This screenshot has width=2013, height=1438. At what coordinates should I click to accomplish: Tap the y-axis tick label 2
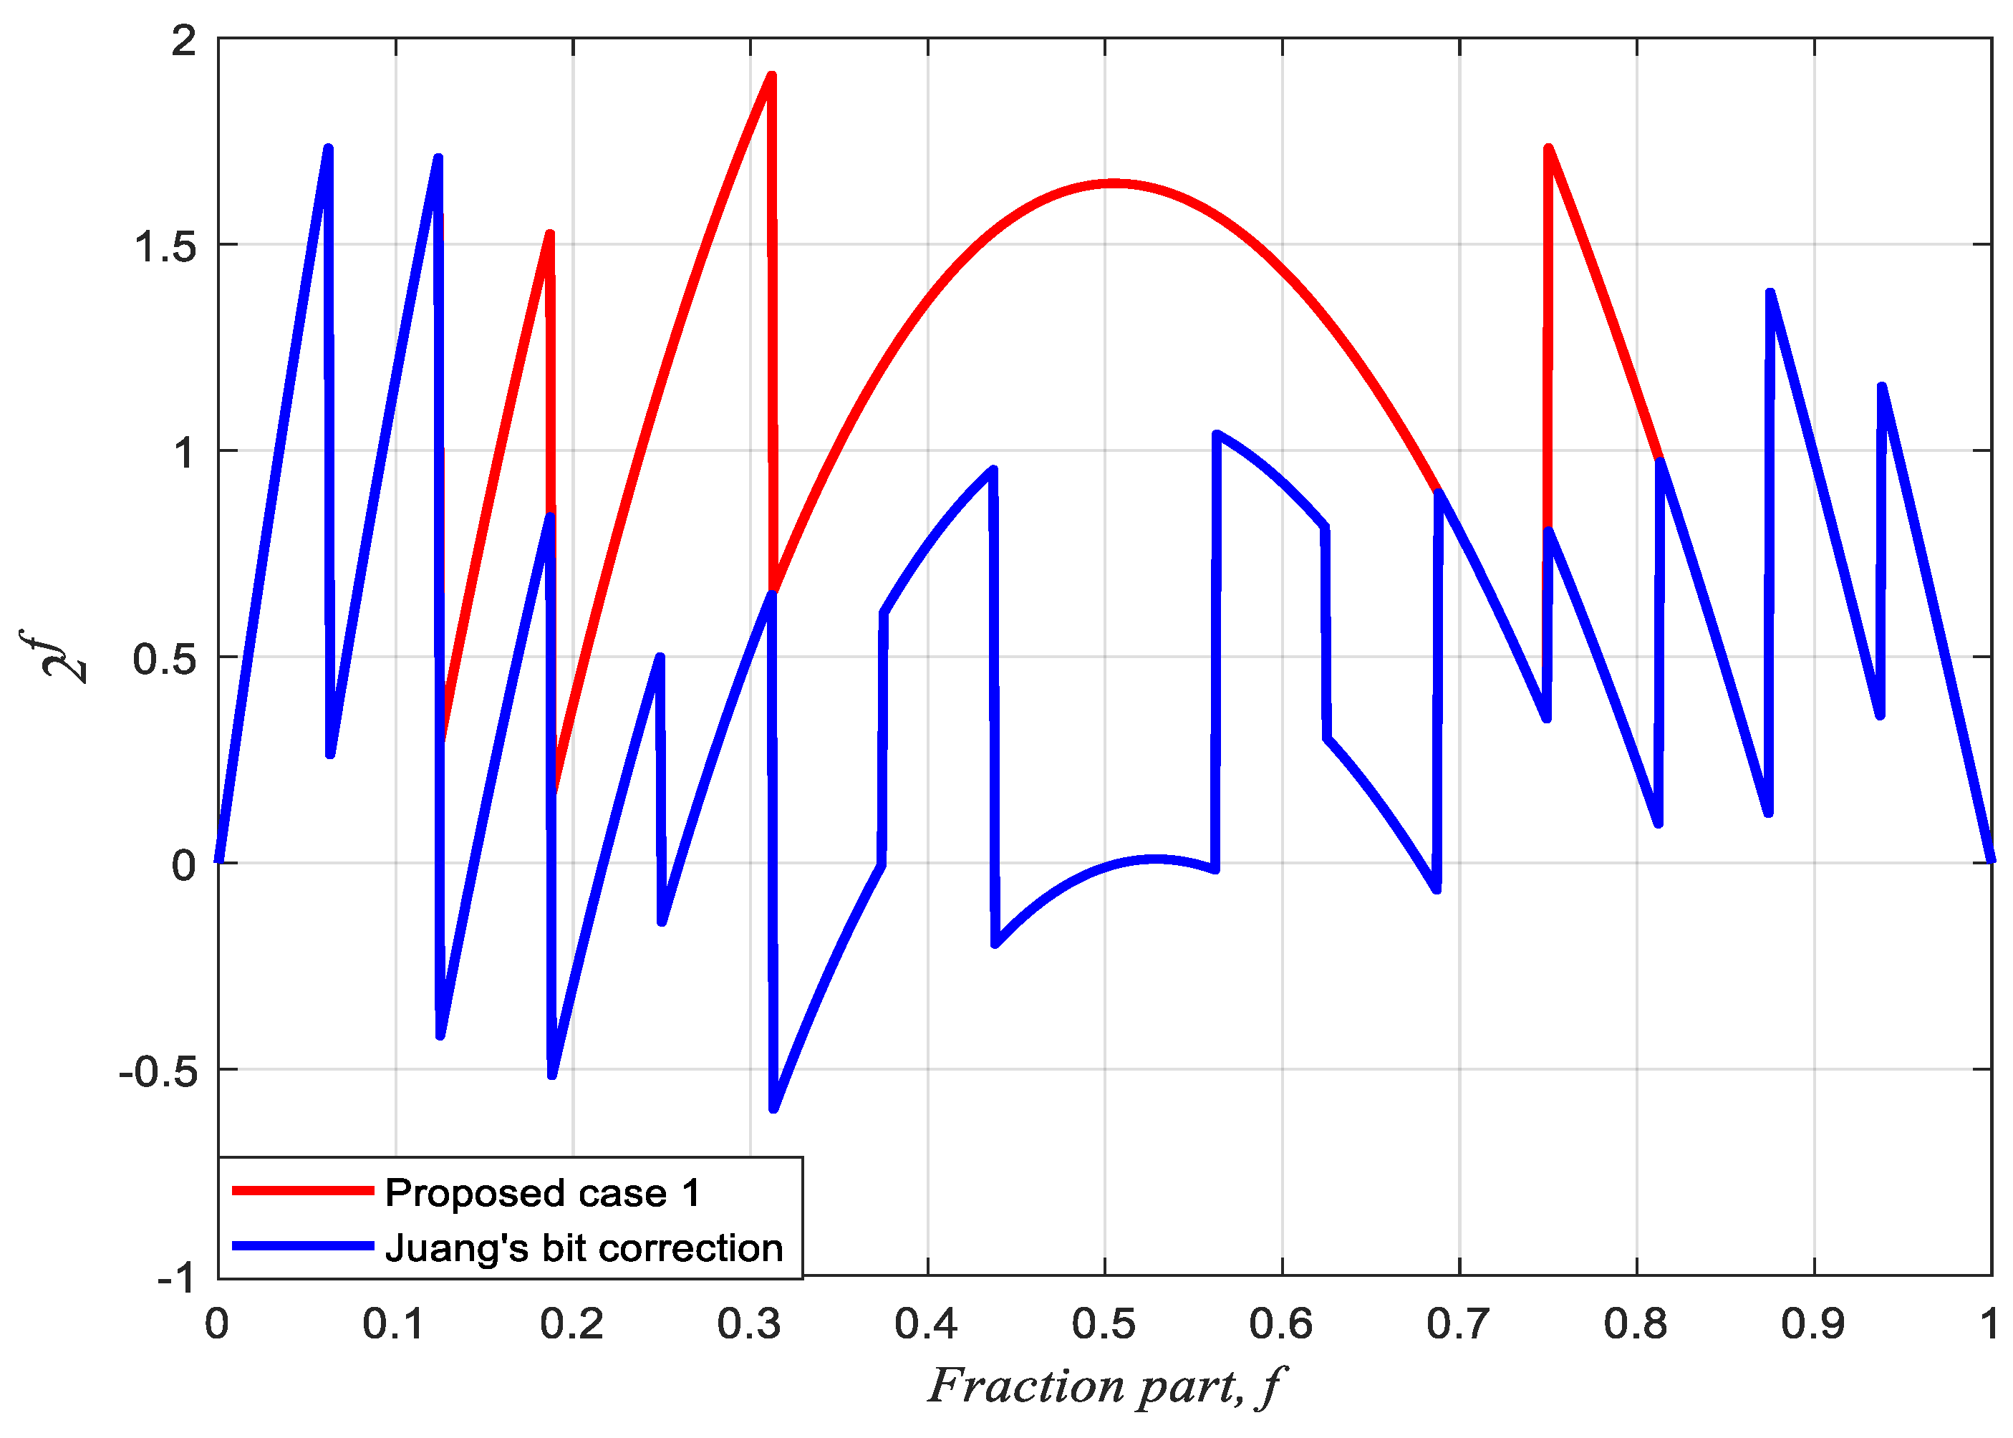[x=183, y=41]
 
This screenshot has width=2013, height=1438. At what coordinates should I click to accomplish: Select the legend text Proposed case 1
[x=543, y=1194]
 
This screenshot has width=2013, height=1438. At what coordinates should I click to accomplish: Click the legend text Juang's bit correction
[x=584, y=1248]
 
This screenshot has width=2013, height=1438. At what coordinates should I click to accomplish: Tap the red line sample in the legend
[x=302, y=1191]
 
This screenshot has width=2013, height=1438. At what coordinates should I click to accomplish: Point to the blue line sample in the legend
[x=302, y=1246]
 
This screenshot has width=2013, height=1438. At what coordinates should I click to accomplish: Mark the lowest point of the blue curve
[x=773, y=1107]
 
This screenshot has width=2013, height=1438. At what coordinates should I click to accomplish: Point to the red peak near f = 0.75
[x=1548, y=150]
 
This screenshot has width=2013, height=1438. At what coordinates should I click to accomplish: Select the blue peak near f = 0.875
[x=1770, y=293]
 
